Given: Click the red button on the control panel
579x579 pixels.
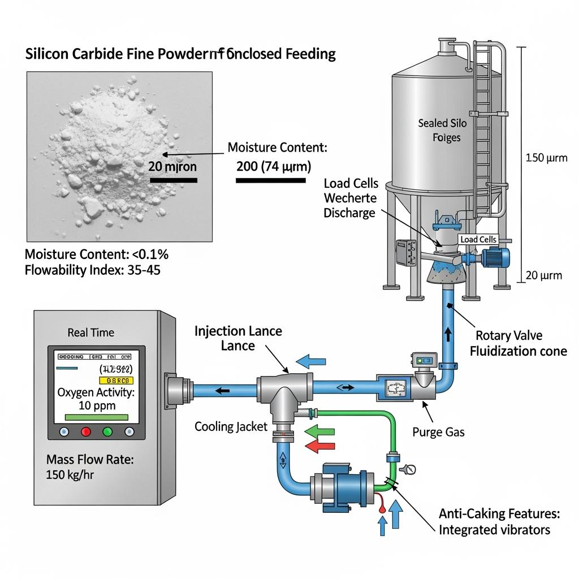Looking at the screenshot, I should point(86,432).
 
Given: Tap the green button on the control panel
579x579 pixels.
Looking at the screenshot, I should point(107,432).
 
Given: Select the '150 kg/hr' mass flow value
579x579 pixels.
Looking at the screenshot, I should point(70,474).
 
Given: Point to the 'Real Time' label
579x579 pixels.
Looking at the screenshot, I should point(90,332).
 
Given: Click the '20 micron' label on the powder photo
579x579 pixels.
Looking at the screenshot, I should point(172,167).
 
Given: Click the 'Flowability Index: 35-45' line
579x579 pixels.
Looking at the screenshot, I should point(92,270).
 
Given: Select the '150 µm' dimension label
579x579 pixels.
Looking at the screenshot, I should point(546,158).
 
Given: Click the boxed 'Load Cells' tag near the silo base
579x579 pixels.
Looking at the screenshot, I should point(478,239).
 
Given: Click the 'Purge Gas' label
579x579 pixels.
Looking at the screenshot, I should point(438,432).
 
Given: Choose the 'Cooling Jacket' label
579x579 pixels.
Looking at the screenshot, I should point(231,426).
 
